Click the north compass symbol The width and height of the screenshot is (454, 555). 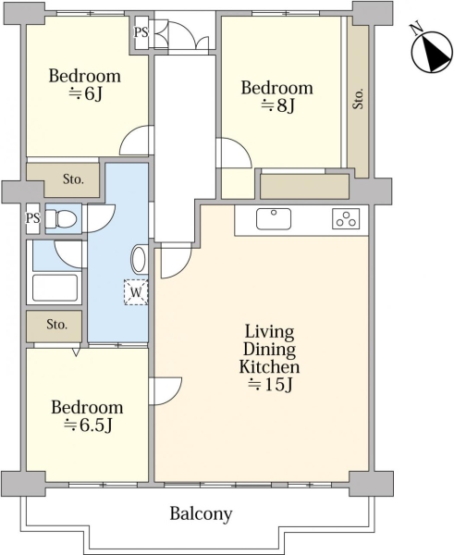coord(432,50)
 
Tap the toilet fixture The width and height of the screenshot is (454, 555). coord(61,218)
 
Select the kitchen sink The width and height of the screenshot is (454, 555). coord(274,219)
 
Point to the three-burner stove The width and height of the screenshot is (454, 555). coord(346,218)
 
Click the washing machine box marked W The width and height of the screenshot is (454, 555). coord(136,292)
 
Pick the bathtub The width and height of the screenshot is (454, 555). coord(55,288)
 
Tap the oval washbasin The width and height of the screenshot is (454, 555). coord(139,260)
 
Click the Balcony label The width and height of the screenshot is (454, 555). coord(201,513)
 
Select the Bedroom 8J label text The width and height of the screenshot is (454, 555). coord(277,96)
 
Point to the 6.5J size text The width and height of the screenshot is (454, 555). coord(88,425)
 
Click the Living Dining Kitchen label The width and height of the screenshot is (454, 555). coord(270,358)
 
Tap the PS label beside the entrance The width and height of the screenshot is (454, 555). coord(141,32)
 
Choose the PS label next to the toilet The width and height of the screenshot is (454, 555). coord(32,217)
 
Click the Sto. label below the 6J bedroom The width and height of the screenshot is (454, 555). coord(74,179)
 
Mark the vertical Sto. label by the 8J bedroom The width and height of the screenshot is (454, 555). coord(358,98)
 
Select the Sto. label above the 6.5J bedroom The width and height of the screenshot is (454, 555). coord(57,325)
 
